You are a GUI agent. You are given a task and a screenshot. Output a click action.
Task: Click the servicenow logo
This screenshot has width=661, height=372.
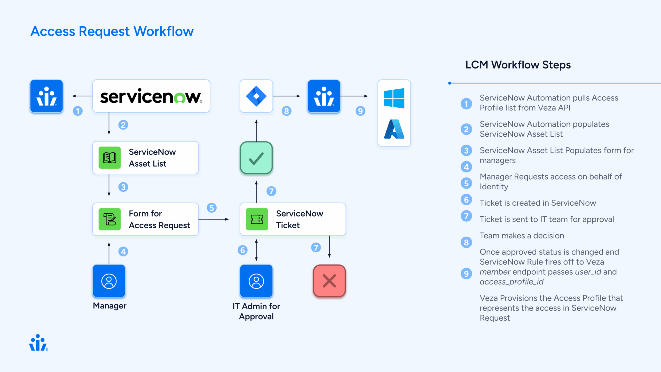coord(151,96)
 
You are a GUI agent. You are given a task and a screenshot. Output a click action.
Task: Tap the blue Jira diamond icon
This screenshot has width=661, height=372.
coord(256,96)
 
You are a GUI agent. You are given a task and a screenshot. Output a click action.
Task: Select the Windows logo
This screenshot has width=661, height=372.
coord(394,98)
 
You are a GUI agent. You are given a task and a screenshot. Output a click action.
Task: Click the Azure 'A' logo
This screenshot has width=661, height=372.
coord(394,129)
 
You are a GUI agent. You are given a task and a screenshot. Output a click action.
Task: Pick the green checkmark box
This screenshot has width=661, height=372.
coord(256,158)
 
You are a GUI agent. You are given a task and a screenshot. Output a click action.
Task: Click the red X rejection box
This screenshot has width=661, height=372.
coord(329,281)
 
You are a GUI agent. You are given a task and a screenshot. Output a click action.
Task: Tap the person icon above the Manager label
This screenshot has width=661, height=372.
coord(109,281)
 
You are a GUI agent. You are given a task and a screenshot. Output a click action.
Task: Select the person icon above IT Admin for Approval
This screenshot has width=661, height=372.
coord(256,281)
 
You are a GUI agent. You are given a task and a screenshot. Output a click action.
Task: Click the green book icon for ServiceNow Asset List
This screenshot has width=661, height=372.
coord(110,158)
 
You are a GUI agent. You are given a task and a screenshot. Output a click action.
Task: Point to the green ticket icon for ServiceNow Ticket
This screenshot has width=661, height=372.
coord(257,219)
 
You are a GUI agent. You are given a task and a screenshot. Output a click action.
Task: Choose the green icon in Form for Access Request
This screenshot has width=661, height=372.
coord(110,219)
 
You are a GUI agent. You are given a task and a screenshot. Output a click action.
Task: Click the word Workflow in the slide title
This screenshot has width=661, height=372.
coord(163,32)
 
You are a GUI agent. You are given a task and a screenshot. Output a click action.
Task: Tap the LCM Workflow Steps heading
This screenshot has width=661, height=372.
coord(518,65)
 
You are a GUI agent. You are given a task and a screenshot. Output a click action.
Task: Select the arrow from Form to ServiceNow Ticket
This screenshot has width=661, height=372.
coord(214,219)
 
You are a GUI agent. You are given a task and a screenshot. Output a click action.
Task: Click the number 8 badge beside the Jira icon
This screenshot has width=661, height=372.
coord(286,111)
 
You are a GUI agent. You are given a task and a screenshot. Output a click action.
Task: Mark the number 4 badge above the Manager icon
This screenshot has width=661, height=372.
coord(123,251)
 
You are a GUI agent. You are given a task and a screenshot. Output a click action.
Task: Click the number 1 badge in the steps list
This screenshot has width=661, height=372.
coord(466,104)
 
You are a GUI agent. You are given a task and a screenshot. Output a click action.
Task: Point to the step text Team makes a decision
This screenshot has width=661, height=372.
coord(522,236)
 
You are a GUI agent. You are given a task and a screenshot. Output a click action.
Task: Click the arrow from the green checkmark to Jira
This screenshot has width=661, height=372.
coord(256,130)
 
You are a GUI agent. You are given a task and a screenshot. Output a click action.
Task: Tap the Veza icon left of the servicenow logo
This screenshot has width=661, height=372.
coord(46,96)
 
